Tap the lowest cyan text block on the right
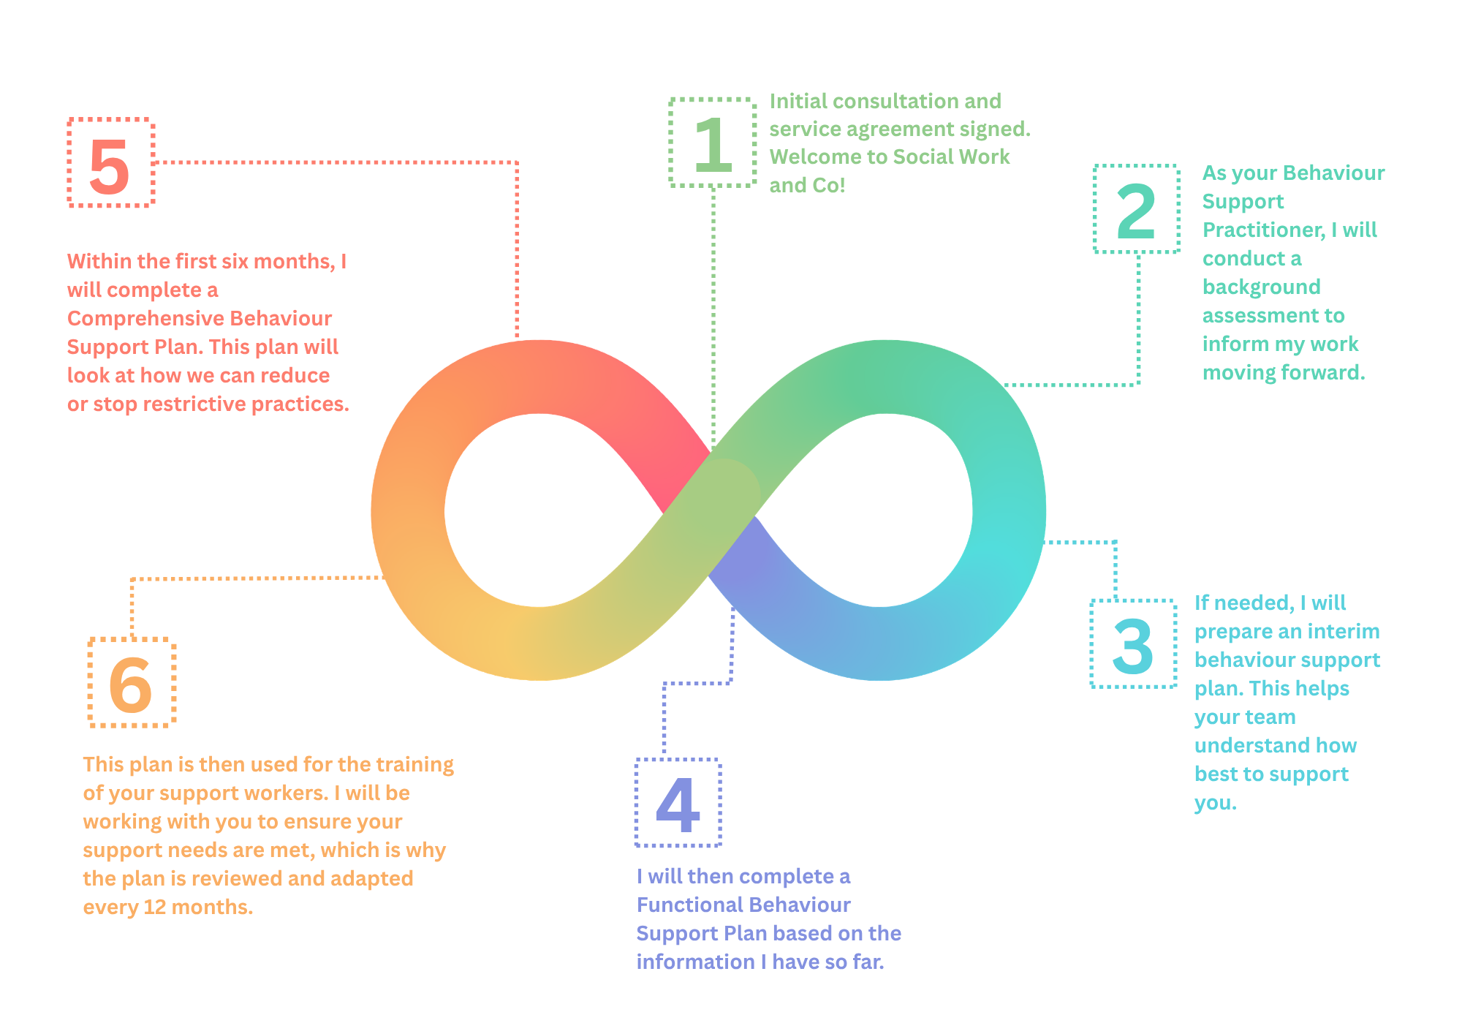[1276, 764]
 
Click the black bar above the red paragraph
[292, 231]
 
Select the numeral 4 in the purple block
[676, 797]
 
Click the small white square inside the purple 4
[675, 808]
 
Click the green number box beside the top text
[705, 154]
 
